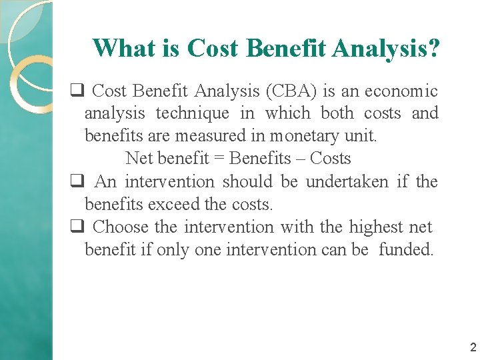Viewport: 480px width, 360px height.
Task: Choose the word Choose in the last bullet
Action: point(121,227)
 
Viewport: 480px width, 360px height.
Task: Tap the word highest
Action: point(373,227)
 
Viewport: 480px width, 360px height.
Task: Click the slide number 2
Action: point(473,347)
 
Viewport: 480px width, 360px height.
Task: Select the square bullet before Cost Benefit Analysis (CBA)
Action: point(77,91)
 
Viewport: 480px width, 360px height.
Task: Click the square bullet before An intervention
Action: point(77,181)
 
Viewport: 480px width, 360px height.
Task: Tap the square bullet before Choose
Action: point(77,227)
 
